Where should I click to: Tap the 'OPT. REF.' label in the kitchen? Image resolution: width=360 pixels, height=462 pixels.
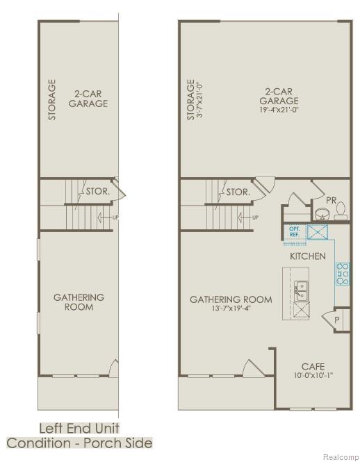click(x=294, y=231)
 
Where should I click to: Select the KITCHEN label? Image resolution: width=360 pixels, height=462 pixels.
click(x=307, y=256)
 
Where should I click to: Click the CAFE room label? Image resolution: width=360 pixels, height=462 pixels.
click(x=313, y=367)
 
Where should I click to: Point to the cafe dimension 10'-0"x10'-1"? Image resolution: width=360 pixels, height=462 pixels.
click(x=313, y=376)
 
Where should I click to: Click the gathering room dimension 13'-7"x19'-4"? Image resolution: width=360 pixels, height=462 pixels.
click(x=231, y=309)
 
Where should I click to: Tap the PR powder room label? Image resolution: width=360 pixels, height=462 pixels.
click(x=332, y=201)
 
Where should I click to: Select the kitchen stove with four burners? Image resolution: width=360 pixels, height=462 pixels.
click(x=342, y=274)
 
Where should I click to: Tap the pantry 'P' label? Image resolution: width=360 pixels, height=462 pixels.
click(x=337, y=320)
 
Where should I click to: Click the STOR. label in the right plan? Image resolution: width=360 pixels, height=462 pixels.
click(x=238, y=192)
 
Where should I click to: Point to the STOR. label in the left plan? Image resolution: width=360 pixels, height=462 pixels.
click(x=95, y=190)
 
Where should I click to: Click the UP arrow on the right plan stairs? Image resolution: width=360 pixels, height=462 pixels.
click(x=248, y=217)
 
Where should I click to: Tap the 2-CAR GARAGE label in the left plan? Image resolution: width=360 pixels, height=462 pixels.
click(x=88, y=98)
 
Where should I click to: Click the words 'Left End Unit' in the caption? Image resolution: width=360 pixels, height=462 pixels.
click(x=79, y=428)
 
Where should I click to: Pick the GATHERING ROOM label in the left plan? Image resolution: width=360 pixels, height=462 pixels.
click(x=79, y=302)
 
